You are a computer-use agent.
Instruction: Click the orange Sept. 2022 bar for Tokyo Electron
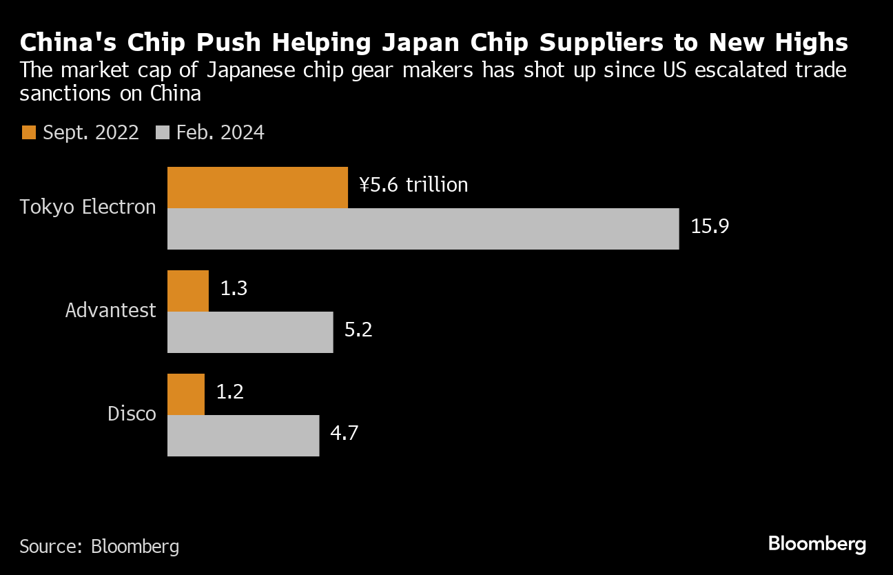pos(258,188)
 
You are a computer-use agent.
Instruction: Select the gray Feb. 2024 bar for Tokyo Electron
pos(423,229)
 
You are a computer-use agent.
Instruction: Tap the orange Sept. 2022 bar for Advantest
pos(188,291)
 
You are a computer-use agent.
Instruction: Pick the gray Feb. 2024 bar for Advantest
pos(250,332)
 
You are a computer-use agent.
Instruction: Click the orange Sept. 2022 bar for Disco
pos(186,394)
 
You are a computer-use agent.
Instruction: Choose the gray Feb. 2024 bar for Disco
pos(243,436)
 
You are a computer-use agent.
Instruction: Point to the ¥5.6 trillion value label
pos(413,185)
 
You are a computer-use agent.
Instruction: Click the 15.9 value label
pos(710,226)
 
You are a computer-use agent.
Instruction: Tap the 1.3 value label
pos(234,288)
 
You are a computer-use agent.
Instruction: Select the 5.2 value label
pos(358,330)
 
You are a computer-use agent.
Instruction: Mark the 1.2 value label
pos(230,392)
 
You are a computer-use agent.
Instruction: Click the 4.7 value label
pos(345,433)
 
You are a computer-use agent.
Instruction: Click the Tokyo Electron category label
pos(88,207)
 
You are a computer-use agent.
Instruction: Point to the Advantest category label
pos(111,310)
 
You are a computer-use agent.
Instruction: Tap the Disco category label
pos(132,414)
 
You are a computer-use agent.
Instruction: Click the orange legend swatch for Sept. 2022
pos(28,133)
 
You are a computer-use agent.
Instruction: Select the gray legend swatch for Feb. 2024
pos(163,133)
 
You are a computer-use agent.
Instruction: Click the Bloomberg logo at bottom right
pos(817,544)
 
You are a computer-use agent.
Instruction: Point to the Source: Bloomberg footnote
pos(99,547)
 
